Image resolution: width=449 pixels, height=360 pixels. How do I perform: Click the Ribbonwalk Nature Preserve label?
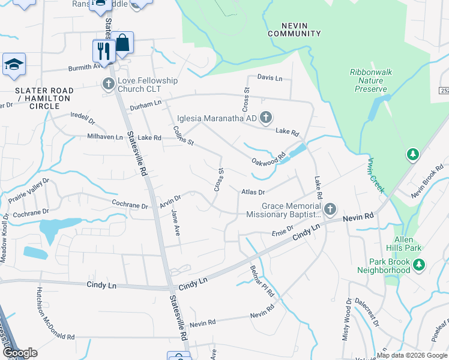(x=371, y=80)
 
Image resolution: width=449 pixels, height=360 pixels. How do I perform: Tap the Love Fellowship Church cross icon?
(x=109, y=84)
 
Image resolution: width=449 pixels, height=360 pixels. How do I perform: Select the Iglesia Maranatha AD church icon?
(x=266, y=116)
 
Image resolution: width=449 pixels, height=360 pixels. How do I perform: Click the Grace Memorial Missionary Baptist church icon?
(x=330, y=209)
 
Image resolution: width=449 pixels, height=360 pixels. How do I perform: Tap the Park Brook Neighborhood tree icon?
(x=419, y=264)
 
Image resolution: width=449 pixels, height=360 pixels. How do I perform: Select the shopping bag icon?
(x=122, y=43)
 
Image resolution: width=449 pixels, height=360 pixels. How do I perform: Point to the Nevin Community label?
(x=294, y=29)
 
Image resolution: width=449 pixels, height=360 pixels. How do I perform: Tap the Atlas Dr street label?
(x=253, y=192)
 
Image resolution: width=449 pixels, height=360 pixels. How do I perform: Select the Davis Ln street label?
(x=270, y=78)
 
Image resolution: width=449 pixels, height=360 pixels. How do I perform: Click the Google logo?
(x=19, y=353)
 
